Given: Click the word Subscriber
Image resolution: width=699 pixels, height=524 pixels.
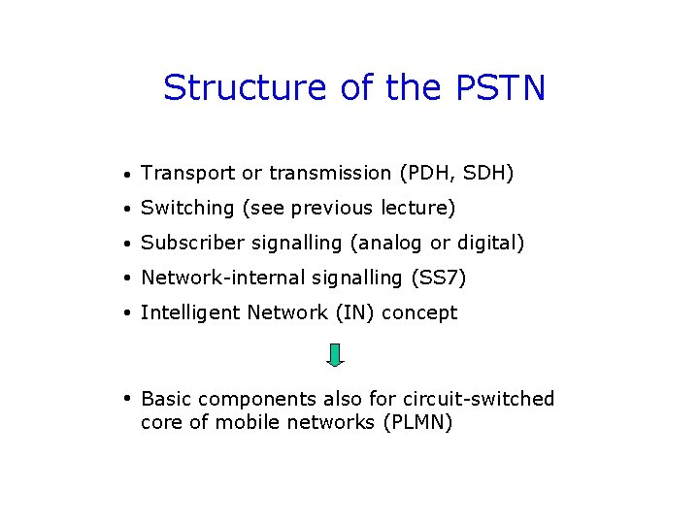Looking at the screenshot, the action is [191, 244].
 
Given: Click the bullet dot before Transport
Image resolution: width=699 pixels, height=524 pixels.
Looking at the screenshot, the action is [128, 176].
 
